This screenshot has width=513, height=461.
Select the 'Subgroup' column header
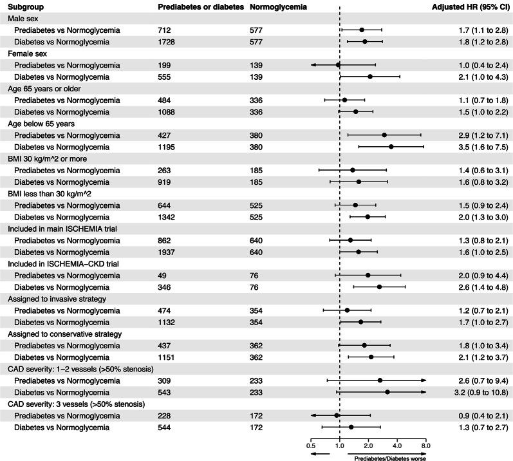(x=25, y=6)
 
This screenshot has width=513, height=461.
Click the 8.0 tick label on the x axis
(x=425, y=444)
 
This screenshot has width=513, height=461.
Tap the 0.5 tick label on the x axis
(x=311, y=444)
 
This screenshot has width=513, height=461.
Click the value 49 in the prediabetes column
(x=162, y=275)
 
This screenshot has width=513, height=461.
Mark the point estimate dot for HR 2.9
(x=384, y=135)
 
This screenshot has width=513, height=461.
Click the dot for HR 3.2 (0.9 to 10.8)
(x=387, y=391)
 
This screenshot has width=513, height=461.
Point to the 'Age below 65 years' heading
(x=40, y=124)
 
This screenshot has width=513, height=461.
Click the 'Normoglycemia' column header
(x=277, y=6)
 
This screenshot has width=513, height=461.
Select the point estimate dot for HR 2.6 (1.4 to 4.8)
(x=379, y=287)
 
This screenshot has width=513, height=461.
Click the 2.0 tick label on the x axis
(x=368, y=444)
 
